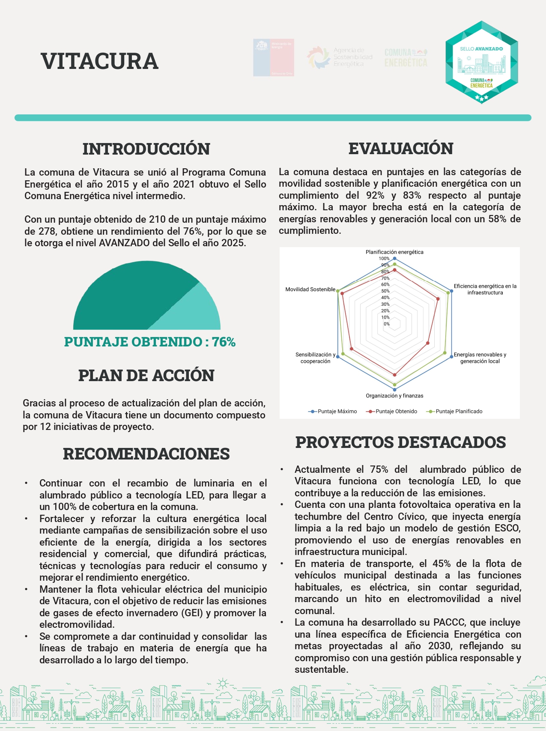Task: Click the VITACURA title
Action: pos(99,61)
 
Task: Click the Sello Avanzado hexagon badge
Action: pos(481,63)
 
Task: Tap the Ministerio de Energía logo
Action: pos(273,58)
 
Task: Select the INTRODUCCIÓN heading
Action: pos(146,149)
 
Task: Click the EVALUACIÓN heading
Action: pos(400,149)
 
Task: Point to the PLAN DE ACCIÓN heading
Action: pos(146,376)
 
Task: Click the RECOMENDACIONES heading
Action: pos(146,454)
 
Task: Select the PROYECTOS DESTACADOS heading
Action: pos(400,442)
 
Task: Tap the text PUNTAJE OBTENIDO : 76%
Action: pos(150,342)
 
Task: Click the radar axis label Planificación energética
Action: pos(394,252)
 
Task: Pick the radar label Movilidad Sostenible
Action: pos(310,289)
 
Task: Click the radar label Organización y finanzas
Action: pos(394,396)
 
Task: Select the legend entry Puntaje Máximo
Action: pos(337,412)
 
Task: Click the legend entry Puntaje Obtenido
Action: pos(396,412)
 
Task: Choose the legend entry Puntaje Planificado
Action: pos(459,412)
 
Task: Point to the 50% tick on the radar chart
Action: pos(385,291)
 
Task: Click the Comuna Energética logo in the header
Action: pos(406,58)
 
